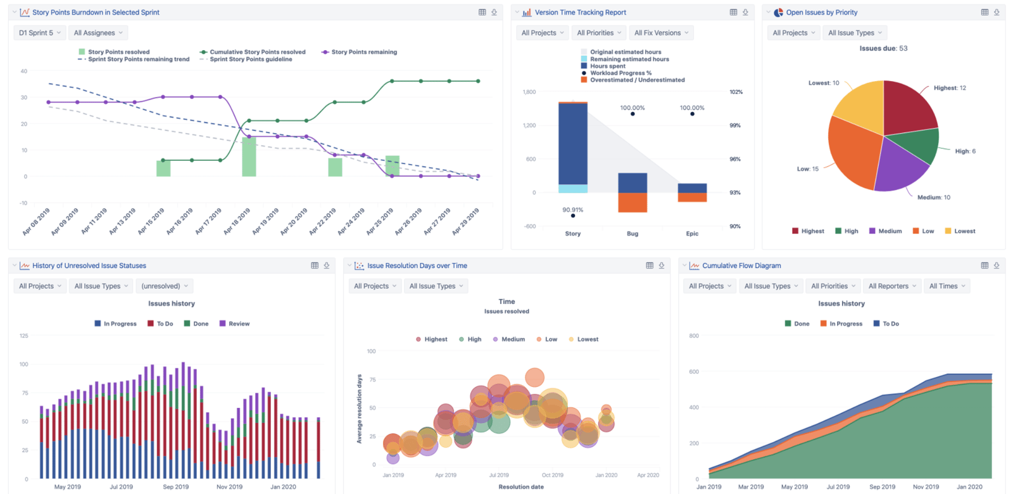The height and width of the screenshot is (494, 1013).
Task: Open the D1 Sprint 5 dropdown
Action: click(39, 33)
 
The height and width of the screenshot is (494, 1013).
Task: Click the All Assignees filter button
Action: click(98, 33)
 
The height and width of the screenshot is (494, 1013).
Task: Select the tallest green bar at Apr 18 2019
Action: click(249, 156)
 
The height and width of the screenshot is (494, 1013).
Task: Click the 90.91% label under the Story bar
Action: click(572, 210)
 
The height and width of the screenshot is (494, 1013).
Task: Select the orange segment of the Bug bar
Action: click(632, 203)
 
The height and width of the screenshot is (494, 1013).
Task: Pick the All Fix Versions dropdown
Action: click(661, 33)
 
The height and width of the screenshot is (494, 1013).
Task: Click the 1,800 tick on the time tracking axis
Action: click(529, 92)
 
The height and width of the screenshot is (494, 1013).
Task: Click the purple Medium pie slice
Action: click(899, 166)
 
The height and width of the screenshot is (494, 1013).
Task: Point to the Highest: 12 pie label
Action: click(949, 88)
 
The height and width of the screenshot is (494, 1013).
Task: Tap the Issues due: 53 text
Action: click(883, 48)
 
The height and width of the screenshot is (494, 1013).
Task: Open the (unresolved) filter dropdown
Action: click(164, 286)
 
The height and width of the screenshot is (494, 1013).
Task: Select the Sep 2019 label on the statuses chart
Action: click(175, 487)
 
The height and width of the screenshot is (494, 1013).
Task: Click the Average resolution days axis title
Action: click(359, 408)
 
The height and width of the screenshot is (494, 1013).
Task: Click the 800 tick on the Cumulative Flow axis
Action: click(694, 336)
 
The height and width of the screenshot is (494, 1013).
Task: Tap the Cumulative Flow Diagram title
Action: click(741, 266)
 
